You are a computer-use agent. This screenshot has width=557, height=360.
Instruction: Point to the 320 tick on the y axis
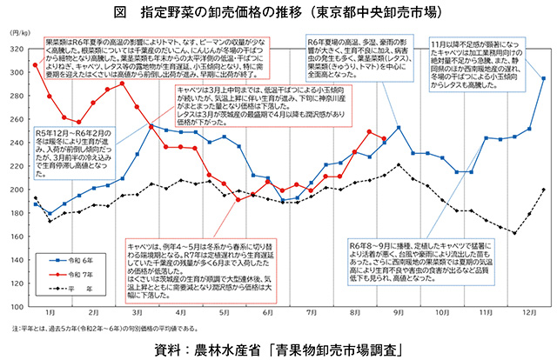coord(18,50)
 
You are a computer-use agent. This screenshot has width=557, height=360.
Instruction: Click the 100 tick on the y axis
coord(18,307)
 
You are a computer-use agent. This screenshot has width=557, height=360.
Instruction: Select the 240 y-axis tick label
coord(18,143)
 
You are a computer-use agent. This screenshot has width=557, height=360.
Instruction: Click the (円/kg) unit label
coord(20,33)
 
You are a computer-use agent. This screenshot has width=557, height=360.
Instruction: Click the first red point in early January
coord(35,65)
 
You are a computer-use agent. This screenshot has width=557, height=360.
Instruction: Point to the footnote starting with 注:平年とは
coord(113,329)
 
